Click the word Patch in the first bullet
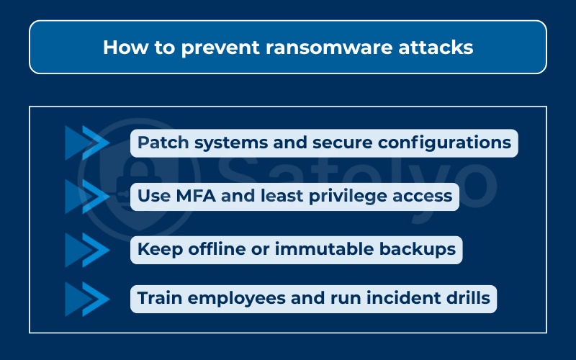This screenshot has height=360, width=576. tap(158, 143)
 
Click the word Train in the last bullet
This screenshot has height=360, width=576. tap(158, 298)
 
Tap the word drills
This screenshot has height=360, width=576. tap(465, 298)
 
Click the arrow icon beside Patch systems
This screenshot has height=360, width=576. tap(86, 143)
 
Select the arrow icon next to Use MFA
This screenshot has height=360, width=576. tap(86, 196)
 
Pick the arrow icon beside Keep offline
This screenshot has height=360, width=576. tap(86, 249)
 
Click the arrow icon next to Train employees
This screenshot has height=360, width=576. tap(86, 298)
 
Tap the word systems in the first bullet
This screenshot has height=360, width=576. tap(224, 143)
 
